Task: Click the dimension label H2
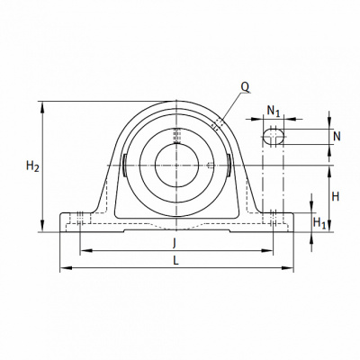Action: point(32,166)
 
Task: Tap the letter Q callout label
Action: point(245,87)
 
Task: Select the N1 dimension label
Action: point(274,112)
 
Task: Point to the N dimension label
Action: point(337,137)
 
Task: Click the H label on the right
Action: point(336,197)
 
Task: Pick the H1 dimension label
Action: point(319,223)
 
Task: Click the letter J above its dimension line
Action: point(174,243)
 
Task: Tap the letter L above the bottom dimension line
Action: point(175,260)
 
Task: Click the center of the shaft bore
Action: point(176,166)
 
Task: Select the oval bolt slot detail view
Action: point(274,137)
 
